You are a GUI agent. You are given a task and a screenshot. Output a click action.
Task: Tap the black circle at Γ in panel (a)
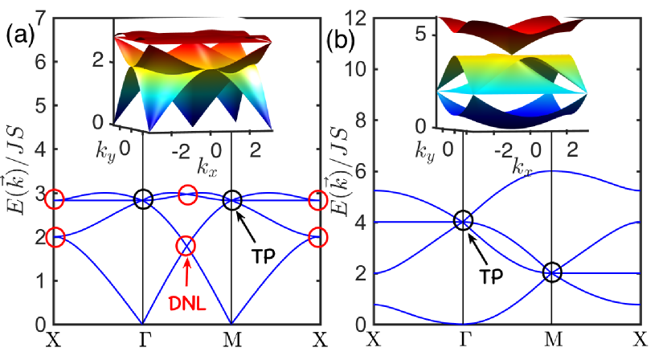pos(143,200)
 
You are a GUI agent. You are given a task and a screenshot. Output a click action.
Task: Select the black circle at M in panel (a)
pos(231,200)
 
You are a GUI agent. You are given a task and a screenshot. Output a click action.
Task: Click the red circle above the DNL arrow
pos(186,245)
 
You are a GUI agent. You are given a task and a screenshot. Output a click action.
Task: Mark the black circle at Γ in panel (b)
pos(463,220)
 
